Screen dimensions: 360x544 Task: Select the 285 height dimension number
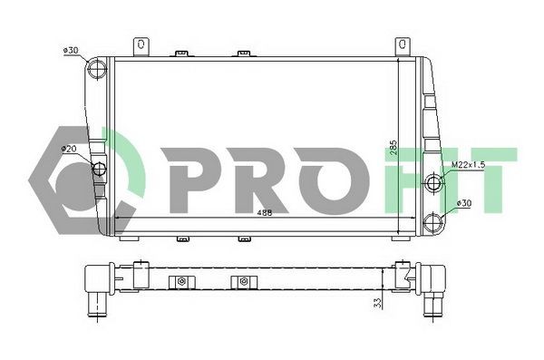[393, 149]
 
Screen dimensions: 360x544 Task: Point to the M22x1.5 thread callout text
[469, 165]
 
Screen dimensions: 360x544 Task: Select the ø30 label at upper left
[72, 51]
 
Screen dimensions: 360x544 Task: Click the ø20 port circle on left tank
[99, 168]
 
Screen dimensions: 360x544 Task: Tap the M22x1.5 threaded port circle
[434, 184]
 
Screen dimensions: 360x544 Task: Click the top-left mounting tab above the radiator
[141, 44]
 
